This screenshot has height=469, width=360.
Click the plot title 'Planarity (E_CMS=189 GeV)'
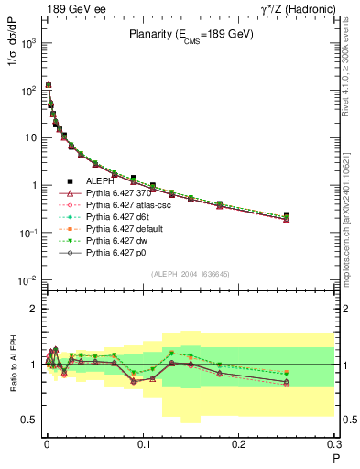pos(191,34)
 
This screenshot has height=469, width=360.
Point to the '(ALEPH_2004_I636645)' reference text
pos(190,274)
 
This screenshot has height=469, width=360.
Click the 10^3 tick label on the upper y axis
pos(29,43)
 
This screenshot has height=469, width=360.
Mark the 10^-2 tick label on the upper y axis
pos(29,279)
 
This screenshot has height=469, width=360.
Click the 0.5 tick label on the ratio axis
pos(29,420)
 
